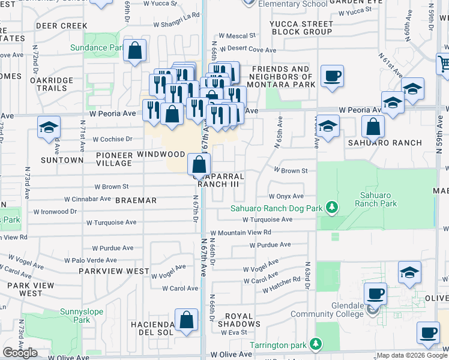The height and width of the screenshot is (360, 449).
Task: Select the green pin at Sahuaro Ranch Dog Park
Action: click(x=330, y=208)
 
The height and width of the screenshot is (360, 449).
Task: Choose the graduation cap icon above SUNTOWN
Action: click(x=49, y=127)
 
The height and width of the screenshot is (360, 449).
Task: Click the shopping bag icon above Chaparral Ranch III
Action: click(x=198, y=164)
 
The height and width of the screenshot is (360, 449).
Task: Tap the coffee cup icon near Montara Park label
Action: click(x=332, y=76)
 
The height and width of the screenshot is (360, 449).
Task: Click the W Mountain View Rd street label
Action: click(x=240, y=232)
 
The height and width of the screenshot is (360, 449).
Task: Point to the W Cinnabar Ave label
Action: click(x=88, y=199)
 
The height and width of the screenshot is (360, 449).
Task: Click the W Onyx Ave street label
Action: click(x=286, y=196)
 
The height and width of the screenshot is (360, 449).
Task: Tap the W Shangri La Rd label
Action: click(x=175, y=16)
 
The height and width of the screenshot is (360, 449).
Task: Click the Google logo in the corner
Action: click(x=20, y=353)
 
